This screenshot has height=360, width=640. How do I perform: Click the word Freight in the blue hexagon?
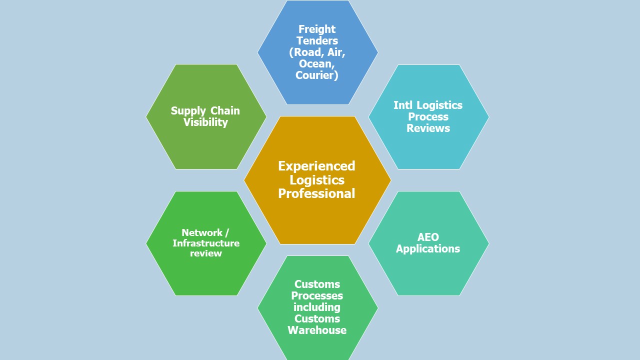(317, 29)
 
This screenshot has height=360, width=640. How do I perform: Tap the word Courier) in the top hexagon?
(317, 75)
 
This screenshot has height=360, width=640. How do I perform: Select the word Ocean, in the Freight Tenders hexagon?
(317, 64)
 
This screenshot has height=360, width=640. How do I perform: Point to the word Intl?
(403, 105)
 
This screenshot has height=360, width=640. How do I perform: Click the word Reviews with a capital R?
(428, 128)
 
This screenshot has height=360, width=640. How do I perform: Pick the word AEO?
(428, 237)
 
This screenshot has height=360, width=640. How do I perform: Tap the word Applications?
(428, 249)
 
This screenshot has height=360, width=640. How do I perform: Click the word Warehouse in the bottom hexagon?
(317, 330)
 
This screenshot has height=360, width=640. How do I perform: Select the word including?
(317, 307)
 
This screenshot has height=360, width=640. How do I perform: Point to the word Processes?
(317, 296)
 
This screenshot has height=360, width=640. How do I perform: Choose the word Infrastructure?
(206, 243)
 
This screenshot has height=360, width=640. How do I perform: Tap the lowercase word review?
(206, 253)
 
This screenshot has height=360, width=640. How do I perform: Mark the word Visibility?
(205, 122)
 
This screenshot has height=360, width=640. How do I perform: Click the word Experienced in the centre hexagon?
(316, 166)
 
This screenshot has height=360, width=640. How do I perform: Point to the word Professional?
(316, 194)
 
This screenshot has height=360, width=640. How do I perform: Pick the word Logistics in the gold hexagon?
(317, 180)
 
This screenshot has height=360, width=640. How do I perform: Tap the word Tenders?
(317, 41)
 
